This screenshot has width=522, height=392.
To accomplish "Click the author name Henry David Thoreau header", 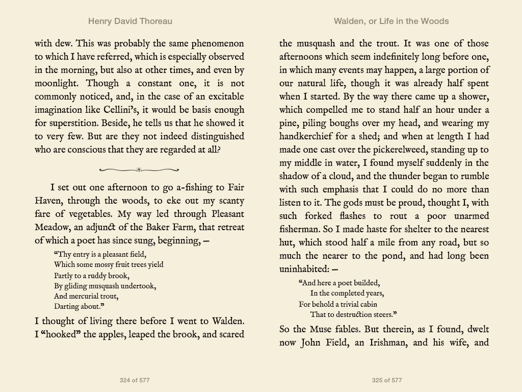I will coord(130,21).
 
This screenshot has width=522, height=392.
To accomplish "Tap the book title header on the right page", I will coord(391,21).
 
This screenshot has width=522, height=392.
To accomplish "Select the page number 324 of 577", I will coord(135,380).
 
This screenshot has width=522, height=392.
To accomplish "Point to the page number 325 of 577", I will coord(387,380).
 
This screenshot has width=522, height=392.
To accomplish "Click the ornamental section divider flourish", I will coord(139,169).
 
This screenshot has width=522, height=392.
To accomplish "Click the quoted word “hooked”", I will coord(61,335).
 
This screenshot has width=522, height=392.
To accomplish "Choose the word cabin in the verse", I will coord(367,304).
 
